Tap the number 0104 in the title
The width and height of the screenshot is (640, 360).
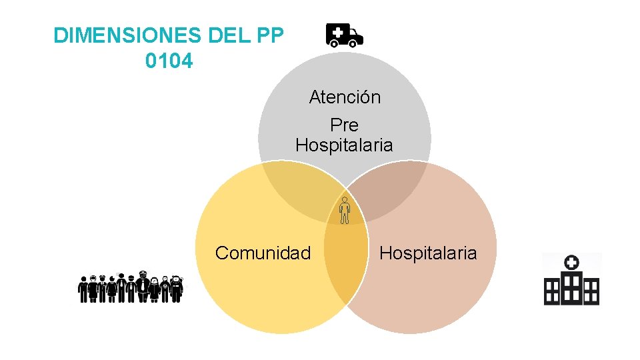tap(169, 61)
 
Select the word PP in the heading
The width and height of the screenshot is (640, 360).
tap(269, 36)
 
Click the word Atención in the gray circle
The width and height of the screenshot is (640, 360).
tap(345, 97)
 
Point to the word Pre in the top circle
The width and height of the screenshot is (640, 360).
tap(344, 125)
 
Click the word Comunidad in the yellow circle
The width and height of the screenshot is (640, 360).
tap(263, 253)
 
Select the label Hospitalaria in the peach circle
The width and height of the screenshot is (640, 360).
tap(428, 253)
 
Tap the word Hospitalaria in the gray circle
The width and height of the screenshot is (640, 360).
tap(344, 145)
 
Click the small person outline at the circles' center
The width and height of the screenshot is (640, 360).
tap(344, 210)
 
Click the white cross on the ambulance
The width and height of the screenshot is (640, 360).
tap(338, 32)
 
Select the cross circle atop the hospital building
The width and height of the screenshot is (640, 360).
tap(571, 263)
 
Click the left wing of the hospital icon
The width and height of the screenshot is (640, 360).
tap(551, 291)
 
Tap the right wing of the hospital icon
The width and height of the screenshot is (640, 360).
tap(591, 291)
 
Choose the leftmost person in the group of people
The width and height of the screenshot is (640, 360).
tap(83, 289)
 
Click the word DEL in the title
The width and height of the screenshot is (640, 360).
tap(224, 36)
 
